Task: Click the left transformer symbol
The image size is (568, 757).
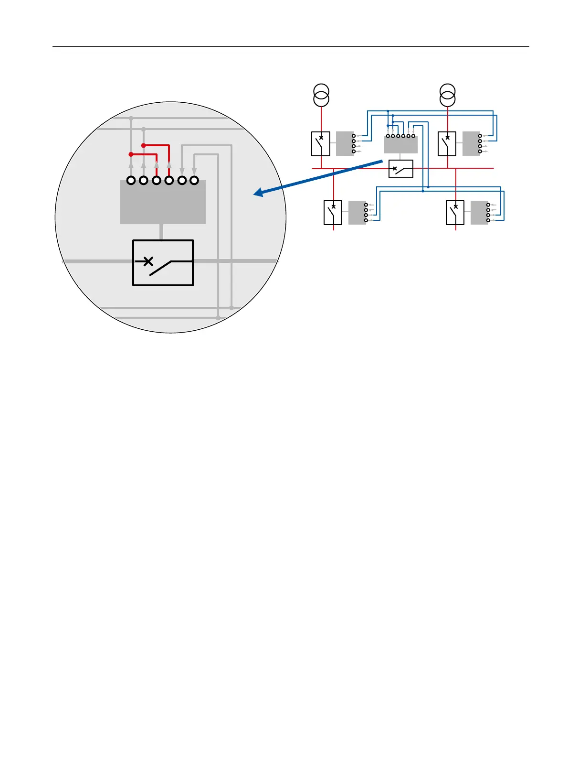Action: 321,95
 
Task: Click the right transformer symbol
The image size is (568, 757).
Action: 447,95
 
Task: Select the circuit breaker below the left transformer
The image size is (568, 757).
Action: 321,144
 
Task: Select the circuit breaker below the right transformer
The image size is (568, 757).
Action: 447,144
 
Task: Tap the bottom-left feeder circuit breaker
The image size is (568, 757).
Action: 333,213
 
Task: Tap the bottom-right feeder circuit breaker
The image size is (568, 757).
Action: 455,213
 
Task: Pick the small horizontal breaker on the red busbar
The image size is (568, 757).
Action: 401,169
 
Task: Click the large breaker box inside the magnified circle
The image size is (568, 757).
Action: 163,263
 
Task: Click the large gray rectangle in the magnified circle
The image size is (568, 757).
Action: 163,202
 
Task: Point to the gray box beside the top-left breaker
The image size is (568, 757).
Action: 345,143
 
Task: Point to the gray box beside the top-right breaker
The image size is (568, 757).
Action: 471,143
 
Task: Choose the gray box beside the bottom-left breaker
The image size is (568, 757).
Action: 357,213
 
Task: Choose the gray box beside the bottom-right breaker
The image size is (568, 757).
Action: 479,213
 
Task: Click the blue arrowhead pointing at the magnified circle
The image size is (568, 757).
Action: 258,193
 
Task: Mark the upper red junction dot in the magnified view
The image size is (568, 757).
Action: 143,145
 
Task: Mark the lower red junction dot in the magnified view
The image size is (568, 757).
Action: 131,154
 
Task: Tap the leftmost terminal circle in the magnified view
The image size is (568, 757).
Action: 131,181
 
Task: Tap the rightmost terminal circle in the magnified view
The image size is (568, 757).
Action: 194,181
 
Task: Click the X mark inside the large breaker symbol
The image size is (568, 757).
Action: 148,261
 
